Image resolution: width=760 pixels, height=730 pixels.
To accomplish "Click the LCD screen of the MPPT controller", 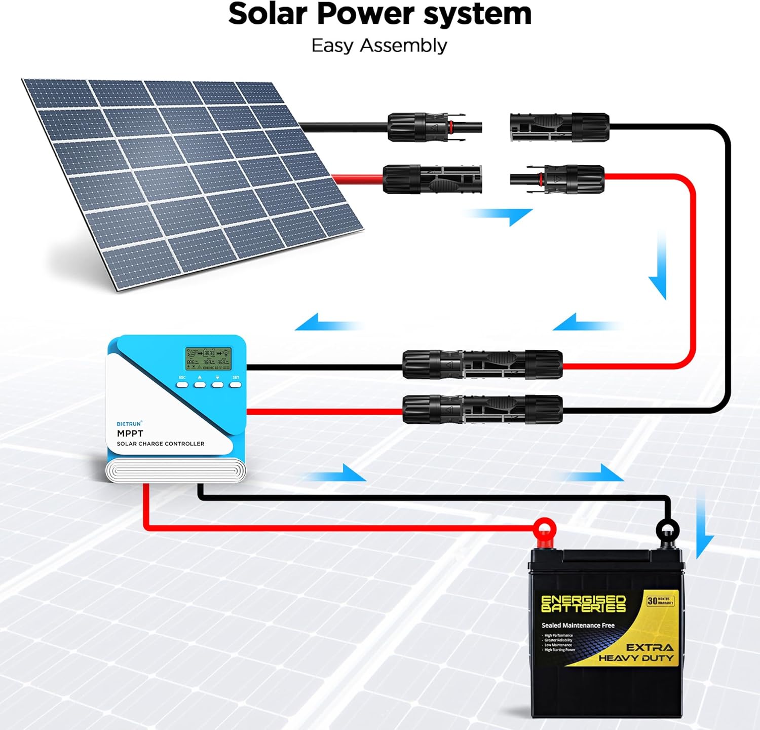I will point(208,358).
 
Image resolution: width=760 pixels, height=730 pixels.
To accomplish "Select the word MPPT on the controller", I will point(130,433).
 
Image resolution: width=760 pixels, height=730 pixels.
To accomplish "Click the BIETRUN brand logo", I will point(129,424).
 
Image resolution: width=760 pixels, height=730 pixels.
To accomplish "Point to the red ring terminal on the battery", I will point(544,530).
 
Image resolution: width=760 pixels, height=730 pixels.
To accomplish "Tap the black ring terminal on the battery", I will point(667,531).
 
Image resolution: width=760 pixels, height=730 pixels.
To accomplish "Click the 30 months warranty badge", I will point(660,601).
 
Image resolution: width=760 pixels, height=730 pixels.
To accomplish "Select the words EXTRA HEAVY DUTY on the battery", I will point(637,653).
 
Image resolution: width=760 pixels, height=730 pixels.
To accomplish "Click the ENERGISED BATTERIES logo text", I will point(583,604).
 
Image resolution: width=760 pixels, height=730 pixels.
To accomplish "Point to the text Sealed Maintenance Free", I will point(578,626).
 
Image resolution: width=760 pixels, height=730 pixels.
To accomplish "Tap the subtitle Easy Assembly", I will point(379,46).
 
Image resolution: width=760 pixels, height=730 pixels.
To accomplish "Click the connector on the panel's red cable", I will point(432,179).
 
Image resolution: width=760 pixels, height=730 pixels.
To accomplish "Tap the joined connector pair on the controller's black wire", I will point(482,364).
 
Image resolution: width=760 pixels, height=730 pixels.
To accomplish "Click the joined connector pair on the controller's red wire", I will point(482,410).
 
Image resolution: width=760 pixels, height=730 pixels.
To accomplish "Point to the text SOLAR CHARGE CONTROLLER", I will point(161,444).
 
